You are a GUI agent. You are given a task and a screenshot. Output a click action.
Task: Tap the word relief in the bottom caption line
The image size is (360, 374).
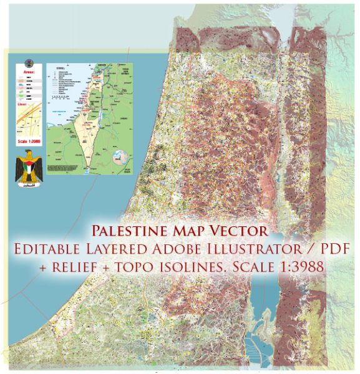click(x=112, y=265)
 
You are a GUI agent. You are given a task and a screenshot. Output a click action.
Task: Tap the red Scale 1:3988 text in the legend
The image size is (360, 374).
click(x=30, y=148)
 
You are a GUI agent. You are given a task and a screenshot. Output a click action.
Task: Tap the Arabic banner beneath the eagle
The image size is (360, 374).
click(x=29, y=185)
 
